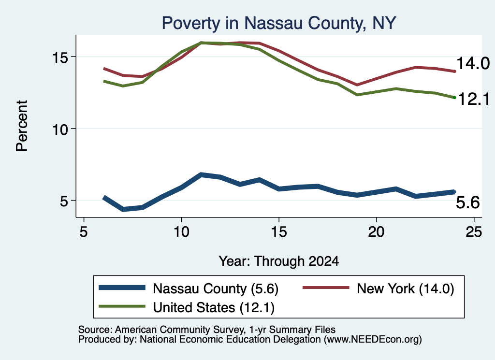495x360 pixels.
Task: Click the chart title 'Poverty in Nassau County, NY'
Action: [x=279, y=23]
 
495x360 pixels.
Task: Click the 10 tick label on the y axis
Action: [x=60, y=129]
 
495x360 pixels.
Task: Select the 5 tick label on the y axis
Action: [x=64, y=201]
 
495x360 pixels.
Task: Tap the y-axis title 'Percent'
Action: [x=22, y=126]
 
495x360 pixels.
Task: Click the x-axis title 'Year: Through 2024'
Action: [x=279, y=261]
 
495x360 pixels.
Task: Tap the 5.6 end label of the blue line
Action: [x=467, y=202]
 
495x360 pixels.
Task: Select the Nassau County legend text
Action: [x=216, y=288]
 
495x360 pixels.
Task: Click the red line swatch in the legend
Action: [x=326, y=288]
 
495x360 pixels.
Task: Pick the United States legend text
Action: [x=214, y=307]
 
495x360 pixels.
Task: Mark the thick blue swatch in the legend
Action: [x=122, y=288]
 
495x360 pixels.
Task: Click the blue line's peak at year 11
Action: [x=201, y=174]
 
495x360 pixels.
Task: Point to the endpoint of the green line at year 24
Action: [x=454, y=98]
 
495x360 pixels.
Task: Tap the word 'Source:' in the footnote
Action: [x=95, y=330]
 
